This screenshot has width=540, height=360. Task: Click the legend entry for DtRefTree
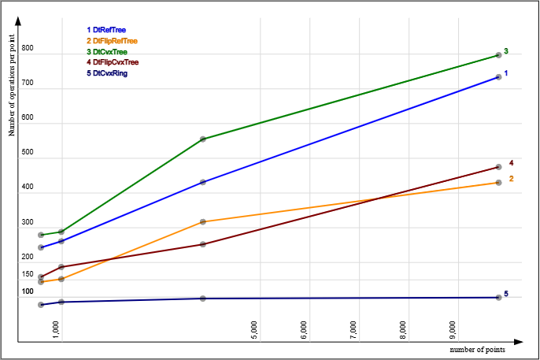106,30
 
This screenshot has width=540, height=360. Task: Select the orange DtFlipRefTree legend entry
112,41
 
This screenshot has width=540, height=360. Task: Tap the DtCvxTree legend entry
107,52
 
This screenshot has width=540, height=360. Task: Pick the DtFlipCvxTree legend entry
113,62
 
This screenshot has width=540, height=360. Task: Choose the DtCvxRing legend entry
107,73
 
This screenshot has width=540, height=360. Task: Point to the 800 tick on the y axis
28,48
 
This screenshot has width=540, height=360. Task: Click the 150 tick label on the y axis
28,274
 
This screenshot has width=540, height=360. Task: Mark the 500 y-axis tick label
28,152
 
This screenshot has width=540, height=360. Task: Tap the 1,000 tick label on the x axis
56,330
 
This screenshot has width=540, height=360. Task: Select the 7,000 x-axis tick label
353,330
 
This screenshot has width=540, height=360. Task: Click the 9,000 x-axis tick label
453,330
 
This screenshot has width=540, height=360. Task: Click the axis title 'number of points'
477,350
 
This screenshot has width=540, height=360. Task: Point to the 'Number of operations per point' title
12,85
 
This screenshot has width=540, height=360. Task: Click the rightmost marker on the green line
498,55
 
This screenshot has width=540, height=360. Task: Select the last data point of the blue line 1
498,77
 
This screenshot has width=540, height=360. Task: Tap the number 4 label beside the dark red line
512,163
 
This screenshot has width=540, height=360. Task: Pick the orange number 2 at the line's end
512,179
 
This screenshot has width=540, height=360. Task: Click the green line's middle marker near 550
203,139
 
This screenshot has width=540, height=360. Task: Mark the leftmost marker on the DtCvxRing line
41,305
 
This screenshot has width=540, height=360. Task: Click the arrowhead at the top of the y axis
18,20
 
